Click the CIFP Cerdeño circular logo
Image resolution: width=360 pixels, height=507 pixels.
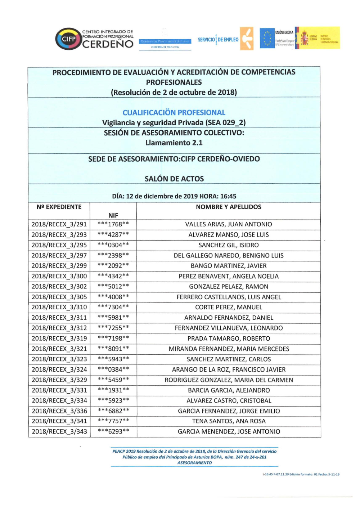coord(68,39)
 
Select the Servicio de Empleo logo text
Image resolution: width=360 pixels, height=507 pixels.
coord(218,40)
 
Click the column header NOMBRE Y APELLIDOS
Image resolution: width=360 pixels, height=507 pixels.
coord(229,207)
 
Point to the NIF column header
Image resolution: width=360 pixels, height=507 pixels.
coord(113,215)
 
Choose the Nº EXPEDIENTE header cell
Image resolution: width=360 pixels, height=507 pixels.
coord(59,207)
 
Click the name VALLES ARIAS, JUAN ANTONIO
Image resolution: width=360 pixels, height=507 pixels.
coord(229,224)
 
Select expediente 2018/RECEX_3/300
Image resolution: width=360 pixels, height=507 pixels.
coord(59,276)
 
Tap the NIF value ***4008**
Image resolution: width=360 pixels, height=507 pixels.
coord(113,297)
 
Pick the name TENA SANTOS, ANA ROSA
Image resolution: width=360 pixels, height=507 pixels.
coord(229,421)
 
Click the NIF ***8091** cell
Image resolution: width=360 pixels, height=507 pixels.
coord(113,349)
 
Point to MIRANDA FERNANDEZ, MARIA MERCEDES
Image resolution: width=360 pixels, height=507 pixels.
coord(229,349)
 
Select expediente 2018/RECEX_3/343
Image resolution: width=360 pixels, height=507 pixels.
coord(59,431)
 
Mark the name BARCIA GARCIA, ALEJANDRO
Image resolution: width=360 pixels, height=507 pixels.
coord(229,390)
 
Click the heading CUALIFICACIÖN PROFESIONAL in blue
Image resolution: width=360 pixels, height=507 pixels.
coord(174,113)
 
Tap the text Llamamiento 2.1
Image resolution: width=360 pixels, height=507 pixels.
coord(174,143)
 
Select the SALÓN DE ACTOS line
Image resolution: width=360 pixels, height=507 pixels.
coord(174,179)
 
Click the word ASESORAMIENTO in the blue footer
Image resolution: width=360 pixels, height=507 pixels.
coord(194,463)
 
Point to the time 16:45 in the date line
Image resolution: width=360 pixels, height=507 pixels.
coord(228,196)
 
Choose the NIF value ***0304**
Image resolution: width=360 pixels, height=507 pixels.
coord(113,245)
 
